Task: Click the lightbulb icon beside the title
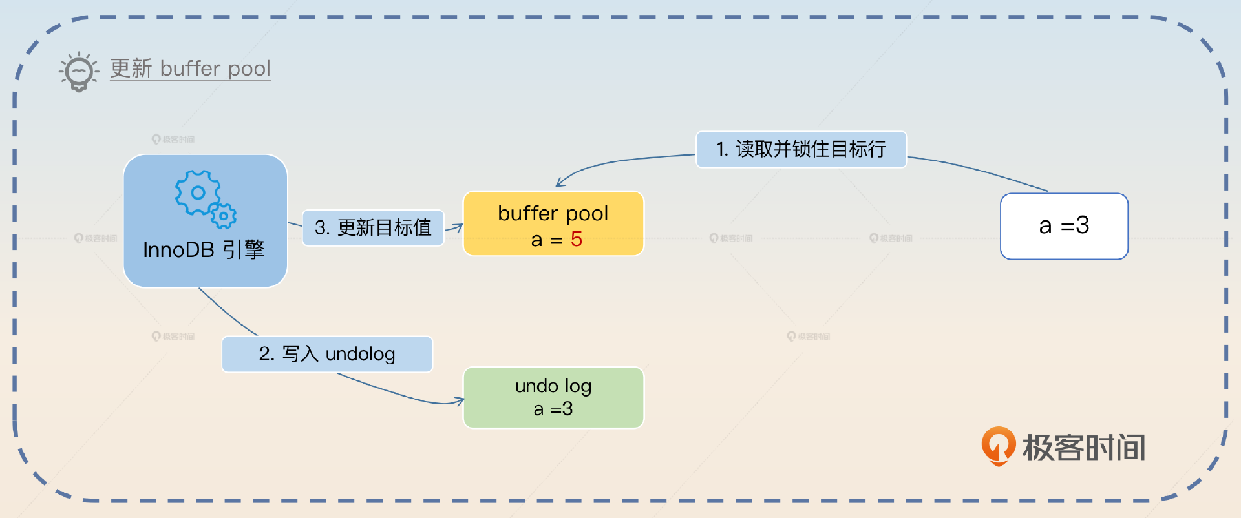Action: coord(79,71)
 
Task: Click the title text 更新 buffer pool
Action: coord(190,68)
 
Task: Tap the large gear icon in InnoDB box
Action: coord(197,192)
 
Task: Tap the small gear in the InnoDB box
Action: coord(224,216)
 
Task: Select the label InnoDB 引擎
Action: coord(204,250)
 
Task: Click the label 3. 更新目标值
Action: coord(373,227)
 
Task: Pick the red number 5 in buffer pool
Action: coord(577,240)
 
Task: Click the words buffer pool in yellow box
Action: coord(553,213)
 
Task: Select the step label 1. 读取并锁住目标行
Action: coord(801,149)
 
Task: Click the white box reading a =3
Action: coord(1064,226)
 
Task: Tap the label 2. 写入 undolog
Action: coord(327,354)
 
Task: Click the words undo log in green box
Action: coord(553,386)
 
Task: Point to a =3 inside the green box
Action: coord(553,409)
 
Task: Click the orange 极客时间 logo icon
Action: coord(998,446)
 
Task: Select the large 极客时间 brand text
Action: coord(1084,448)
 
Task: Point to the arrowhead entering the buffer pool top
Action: coord(560,184)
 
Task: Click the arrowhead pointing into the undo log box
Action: coord(460,401)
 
